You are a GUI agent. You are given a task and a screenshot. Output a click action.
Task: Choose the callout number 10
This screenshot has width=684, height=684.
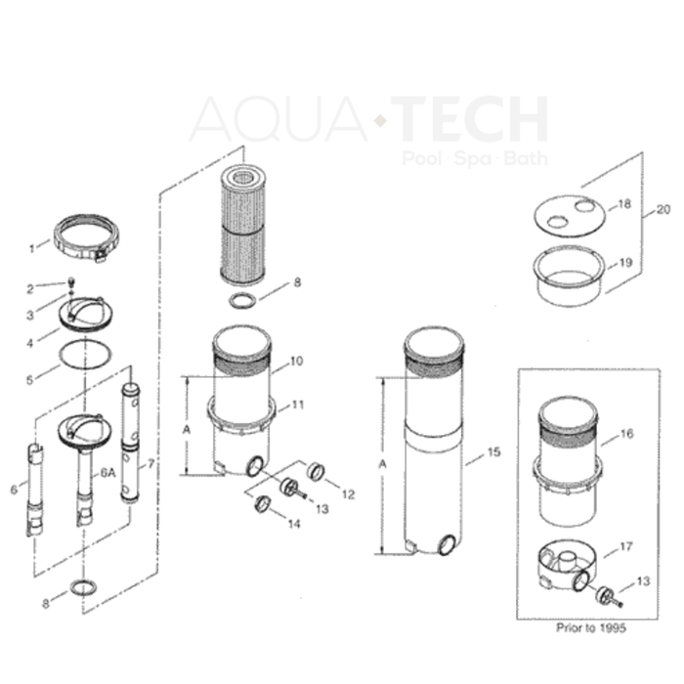click(x=296, y=362)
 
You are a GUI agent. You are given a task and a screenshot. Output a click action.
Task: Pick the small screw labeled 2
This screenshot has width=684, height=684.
click(x=72, y=285)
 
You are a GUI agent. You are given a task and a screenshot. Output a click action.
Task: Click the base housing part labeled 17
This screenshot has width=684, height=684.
click(x=568, y=564)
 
